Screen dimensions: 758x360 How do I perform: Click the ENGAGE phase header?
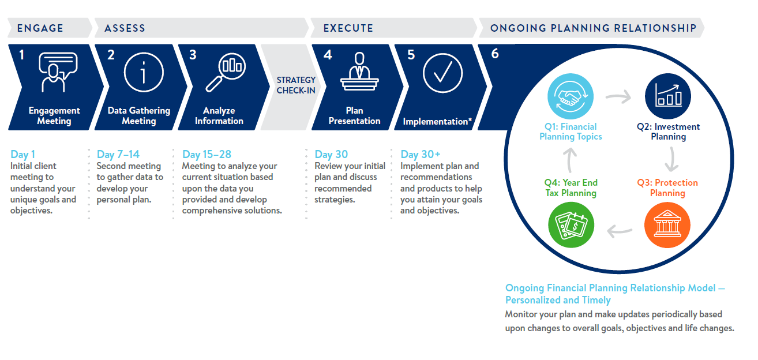(x=40, y=28)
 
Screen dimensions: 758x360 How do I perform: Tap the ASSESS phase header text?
(x=125, y=28)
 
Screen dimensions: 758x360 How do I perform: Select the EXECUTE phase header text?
(x=348, y=28)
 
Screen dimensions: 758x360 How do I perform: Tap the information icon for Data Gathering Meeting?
(x=144, y=73)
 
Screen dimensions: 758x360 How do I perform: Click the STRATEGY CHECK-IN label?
(x=296, y=85)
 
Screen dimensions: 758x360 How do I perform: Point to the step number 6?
(x=495, y=54)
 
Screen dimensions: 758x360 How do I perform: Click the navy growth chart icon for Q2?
(x=667, y=96)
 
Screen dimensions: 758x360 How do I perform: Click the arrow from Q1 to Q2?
(x=618, y=97)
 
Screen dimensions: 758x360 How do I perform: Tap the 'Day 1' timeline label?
(x=23, y=154)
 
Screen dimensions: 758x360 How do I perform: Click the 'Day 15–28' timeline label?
(x=207, y=154)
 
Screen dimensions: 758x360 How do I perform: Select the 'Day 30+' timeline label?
(x=421, y=154)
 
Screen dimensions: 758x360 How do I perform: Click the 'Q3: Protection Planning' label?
(x=667, y=187)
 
